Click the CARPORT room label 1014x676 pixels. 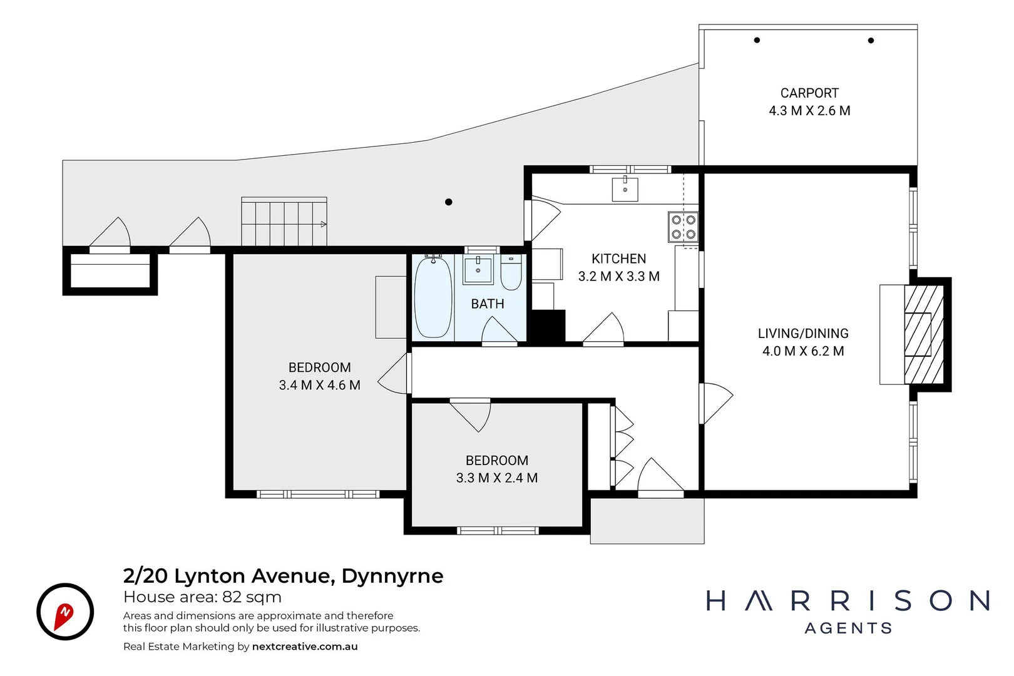(x=809, y=93)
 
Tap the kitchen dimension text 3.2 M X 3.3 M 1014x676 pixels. (x=618, y=277)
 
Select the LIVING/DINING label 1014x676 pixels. (x=803, y=334)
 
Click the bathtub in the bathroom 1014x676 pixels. (x=433, y=297)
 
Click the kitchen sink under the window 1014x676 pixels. (x=625, y=188)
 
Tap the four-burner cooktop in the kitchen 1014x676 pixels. (x=683, y=227)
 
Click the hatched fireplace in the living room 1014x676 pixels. (x=924, y=334)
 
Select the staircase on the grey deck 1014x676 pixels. (x=284, y=223)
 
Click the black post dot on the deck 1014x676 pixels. (x=449, y=202)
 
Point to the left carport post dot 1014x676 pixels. (x=757, y=40)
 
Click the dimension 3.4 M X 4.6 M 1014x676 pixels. (x=319, y=386)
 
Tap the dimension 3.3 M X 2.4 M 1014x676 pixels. (x=496, y=478)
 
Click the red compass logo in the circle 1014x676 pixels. (x=64, y=613)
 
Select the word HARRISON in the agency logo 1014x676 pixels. (x=848, y=601)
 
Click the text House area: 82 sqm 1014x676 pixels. (x=202, y=597)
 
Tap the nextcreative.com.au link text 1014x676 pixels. (x=305, y=647)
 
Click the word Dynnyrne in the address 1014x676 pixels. (x=392, y=576)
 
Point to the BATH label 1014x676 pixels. (x=488, y=304)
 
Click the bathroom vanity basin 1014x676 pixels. (x=478, y=269)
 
